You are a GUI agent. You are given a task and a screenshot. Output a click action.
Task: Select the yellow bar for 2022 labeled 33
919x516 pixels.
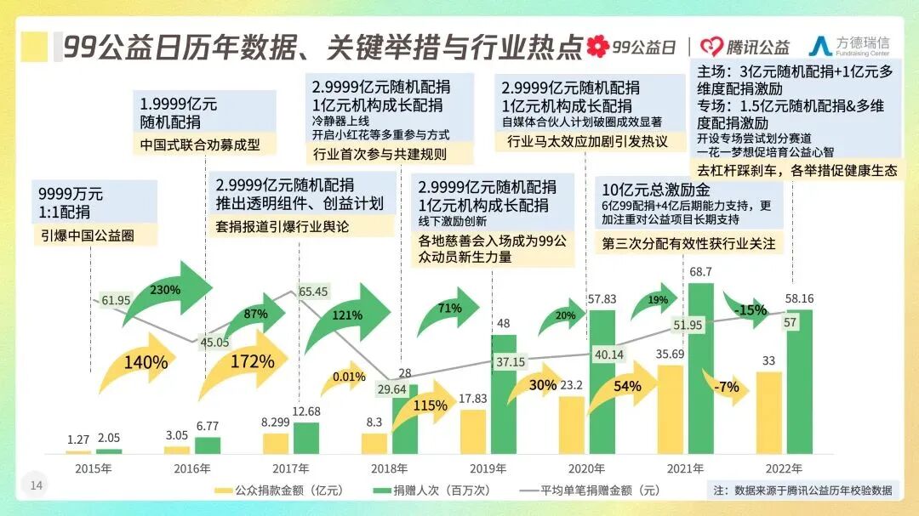[768, 412]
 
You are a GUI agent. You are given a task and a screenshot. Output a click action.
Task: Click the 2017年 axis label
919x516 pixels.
[290, 468]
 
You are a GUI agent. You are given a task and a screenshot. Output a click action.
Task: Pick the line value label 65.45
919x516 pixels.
[314, 292]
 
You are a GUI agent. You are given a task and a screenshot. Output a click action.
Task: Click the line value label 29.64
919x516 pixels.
[391, 389]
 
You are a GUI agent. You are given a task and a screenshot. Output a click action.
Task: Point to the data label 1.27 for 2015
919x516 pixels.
[78, 439]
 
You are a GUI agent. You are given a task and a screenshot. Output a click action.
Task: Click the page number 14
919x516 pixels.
[37, 485]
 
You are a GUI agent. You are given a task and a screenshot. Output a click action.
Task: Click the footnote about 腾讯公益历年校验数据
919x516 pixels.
[802, 490]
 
